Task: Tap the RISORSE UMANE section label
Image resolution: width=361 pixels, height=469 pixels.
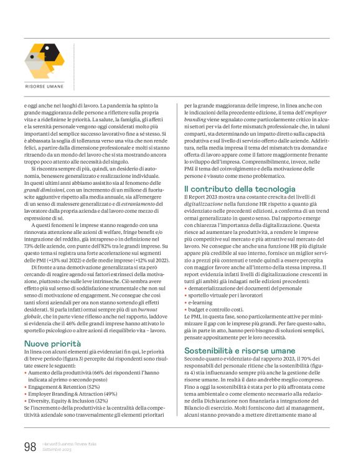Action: click(45, 85)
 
